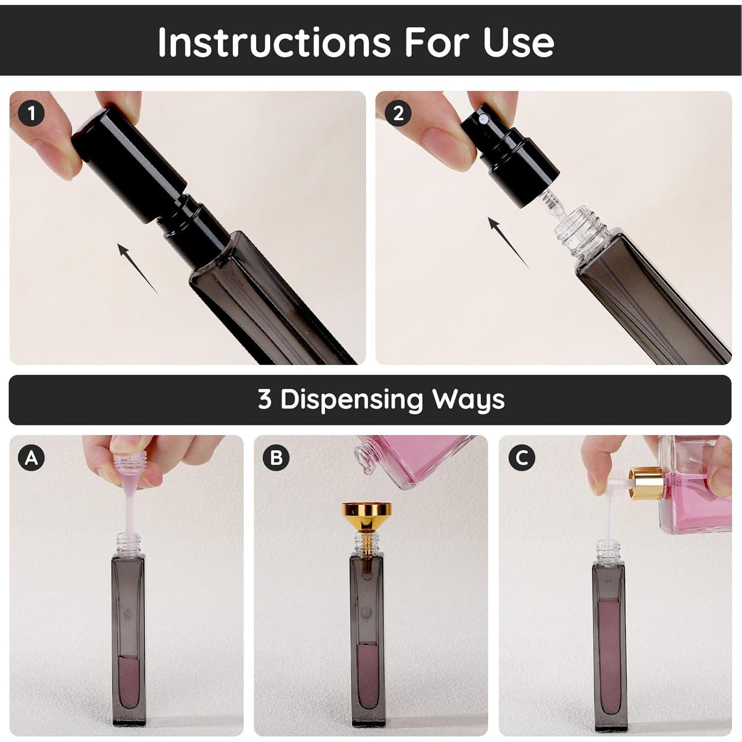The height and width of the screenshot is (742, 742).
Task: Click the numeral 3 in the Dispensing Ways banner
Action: (x=265, y=399)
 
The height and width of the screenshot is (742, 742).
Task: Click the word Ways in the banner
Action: (x=468, y=400)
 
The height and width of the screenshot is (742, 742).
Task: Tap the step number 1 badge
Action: (x=32, y=113)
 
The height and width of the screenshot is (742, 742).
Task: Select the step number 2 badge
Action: (x=398, y=113)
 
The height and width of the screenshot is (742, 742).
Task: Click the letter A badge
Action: (x=32, y=458)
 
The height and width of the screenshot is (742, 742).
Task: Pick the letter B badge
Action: (x=276, y=458)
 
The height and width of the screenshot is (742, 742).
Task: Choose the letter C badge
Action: (x=522, y=458)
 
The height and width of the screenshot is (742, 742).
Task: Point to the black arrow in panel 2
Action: (x=509, y=242)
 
